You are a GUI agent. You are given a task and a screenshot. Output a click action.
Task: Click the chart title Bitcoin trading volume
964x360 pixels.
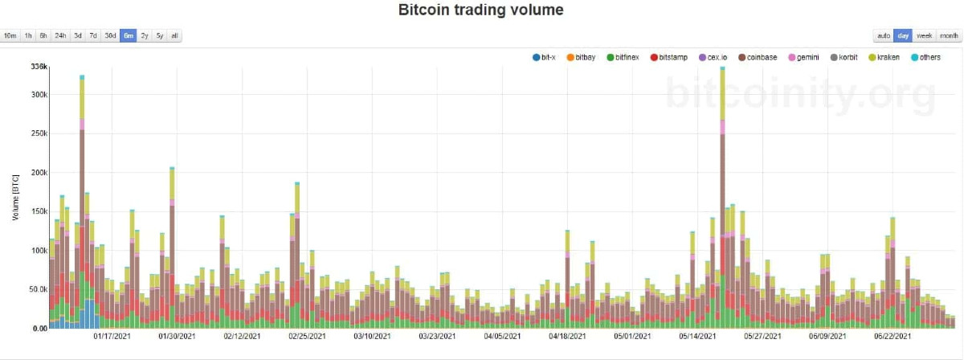click(481, 10)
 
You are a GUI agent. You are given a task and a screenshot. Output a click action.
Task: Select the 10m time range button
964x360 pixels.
click(10, 35)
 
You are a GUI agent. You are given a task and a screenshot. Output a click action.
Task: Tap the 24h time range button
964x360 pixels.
click(60, 35)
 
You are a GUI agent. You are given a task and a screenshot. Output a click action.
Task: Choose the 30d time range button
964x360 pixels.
click(110, 35)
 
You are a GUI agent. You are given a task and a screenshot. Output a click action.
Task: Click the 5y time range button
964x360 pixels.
click(160, 35)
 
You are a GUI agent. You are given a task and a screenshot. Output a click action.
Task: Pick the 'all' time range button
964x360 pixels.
click(175, 35)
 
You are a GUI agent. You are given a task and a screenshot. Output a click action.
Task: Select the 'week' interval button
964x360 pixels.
click(924, 35)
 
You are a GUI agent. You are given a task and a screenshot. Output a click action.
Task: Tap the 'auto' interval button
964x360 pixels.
click(883, 35)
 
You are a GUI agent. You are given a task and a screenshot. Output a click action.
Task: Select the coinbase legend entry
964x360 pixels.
click(757, 58)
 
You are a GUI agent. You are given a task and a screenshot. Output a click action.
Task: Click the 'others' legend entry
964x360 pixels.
click(925, 58)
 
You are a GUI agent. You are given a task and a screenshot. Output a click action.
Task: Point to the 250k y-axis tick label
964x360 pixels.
click(39, 133)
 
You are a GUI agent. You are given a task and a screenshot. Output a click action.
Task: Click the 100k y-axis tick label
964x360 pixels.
click(39, 251)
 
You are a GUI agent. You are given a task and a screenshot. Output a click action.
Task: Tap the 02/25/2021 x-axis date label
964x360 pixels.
click(307, 337)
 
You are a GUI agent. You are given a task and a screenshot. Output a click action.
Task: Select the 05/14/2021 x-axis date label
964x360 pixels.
click(697, 337)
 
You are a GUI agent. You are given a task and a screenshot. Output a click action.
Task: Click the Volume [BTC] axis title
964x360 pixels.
click(15, 197)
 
